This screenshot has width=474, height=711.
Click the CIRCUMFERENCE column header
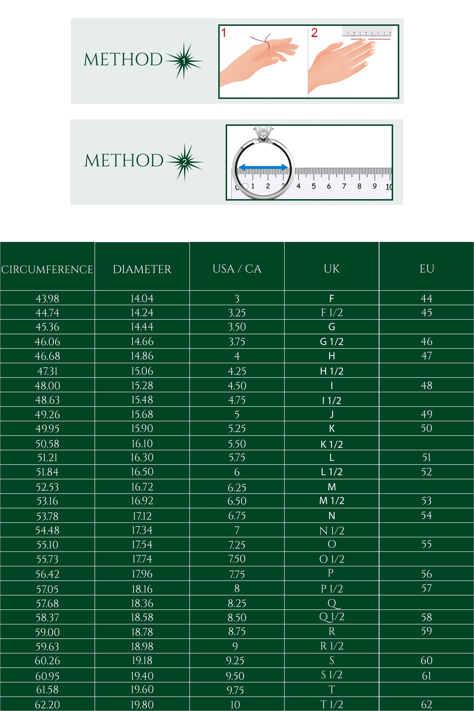click(47, 269)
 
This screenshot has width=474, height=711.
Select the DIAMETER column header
click(142, 269)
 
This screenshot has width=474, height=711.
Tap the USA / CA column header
click(237, 269)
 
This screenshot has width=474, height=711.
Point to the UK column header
click(332, 269)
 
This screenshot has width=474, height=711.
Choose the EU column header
click(427, 269)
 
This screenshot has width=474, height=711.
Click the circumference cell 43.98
click(47, 299)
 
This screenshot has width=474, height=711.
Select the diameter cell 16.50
click(142, 472)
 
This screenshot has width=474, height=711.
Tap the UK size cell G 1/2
click(332, 341)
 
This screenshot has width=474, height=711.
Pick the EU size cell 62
click(427, 705)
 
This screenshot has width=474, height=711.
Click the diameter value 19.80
click(142, 705)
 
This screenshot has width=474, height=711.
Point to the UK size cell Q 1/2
click(332, 617)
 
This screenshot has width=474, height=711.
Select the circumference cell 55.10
click(47, 545)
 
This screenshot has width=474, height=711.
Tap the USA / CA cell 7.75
click(237, 574)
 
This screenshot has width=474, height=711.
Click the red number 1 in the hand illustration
click(224, 33)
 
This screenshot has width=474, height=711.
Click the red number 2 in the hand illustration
click(314, 33)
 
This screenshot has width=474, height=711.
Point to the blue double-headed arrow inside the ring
click(263, 167)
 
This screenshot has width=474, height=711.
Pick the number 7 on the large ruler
click(344, 186)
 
